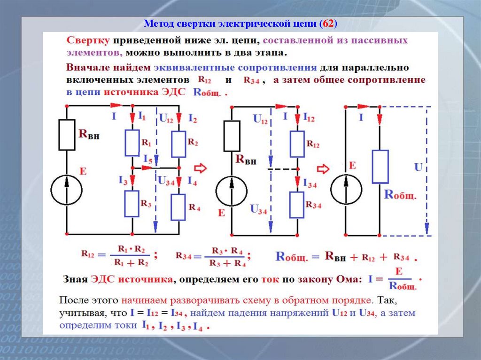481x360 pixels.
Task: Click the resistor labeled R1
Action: [132, 143]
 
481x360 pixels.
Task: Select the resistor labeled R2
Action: [178, 144]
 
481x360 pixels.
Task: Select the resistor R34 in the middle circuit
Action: [297, 205]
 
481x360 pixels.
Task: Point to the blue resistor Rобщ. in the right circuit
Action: [380, 167]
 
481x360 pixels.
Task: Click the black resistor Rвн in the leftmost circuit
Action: [67, 135]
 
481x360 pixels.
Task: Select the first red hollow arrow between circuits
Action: [201, 168]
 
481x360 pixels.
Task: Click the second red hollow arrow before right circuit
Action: [323, 168]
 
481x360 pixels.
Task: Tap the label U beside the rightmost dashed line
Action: [418, 167]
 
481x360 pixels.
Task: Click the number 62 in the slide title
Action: [327, 23]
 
